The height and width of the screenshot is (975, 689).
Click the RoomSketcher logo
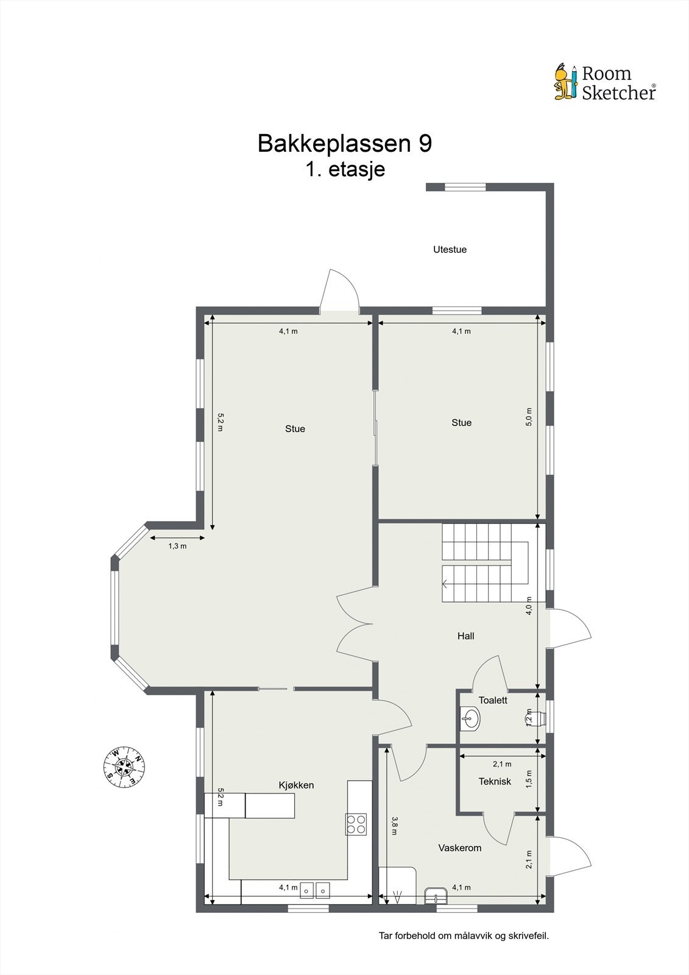pos(605,82)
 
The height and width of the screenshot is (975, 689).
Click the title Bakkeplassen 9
pos(345,143)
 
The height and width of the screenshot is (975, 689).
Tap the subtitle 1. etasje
pos(345,168)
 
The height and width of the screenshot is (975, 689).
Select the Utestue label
pos(450,249)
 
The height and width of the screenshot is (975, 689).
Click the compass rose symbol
pos(124,765)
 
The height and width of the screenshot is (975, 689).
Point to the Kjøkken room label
pos(296,785)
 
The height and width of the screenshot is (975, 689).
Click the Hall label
pos(465,636)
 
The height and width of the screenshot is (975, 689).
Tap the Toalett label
pos(493,700)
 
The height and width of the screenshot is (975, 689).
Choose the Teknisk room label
pos(495,781)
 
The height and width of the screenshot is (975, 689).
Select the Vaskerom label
pos(460,848)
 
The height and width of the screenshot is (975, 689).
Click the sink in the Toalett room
pos(470,718)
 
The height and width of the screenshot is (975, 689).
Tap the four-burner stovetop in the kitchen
pos(356,824)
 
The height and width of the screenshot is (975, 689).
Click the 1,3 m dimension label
pos(177,546)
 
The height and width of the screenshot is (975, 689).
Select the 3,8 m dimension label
pos(395,826)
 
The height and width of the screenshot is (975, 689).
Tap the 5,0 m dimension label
pos(529,417)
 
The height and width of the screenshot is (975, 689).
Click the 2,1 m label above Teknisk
pos(502,764)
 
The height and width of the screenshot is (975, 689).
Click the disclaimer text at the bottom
pos(464,935)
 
